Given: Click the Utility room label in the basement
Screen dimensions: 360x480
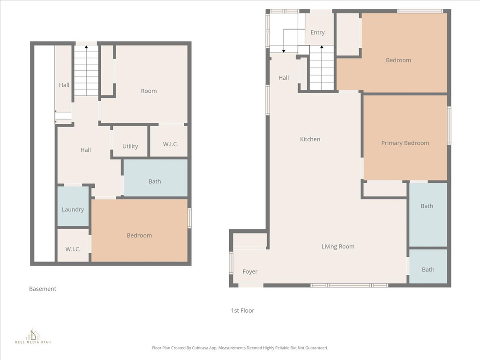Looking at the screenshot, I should click(x=130, y=146).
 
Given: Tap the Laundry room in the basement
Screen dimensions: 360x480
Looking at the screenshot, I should click(x=73, y=209).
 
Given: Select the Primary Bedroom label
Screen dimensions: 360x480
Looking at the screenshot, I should click(x=405, y=143).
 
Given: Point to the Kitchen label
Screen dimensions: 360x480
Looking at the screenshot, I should click(x=310, y=139).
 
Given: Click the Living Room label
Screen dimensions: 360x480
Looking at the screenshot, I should click(x=337, y=247).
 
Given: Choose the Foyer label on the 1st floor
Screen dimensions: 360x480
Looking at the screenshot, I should click(x=250, y=271).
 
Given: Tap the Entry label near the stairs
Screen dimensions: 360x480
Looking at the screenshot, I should click(x=317, y=32).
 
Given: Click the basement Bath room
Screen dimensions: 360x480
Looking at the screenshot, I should click(x=155, y=181).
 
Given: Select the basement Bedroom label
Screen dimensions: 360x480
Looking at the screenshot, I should click(x=139, y=235).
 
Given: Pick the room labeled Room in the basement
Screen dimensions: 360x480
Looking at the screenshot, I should click(x=149, y=91).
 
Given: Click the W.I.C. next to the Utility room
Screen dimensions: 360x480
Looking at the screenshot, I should click(x=171, y=144).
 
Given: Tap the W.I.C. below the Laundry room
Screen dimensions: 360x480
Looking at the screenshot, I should click(x=73, y=249).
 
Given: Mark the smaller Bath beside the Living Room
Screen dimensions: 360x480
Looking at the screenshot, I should click(x=427, y=270).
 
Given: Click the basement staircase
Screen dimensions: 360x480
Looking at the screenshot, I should click(x=86, y=70).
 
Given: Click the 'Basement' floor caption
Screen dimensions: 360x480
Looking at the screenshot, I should click(x=43, y=289).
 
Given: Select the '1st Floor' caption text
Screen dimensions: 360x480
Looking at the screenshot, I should click(x=242, y=310).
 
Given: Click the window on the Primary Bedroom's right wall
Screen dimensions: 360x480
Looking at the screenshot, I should click(x=449, y=125).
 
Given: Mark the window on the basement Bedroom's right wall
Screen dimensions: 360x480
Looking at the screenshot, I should click(x=189, y=218).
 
